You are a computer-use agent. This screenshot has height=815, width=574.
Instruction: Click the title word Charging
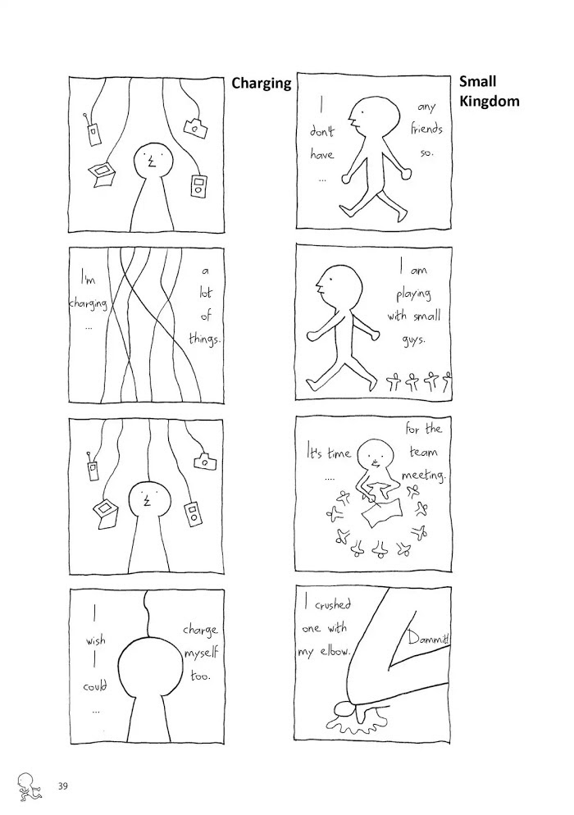(261, 83)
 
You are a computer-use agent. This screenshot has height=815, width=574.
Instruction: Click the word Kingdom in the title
(489, 102)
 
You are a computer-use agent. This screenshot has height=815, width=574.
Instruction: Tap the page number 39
(63, 785)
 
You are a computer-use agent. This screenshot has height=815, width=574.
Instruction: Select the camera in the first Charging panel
(195, 127)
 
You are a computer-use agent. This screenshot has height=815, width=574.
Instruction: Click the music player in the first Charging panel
(198, 187)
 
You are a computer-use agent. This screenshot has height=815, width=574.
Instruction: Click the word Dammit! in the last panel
(428, 638)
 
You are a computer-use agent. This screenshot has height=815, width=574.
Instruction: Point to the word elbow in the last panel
(335, 650)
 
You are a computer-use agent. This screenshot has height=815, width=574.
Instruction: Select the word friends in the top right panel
(426, 129)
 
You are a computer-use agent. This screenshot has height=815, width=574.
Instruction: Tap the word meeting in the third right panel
(424, 476)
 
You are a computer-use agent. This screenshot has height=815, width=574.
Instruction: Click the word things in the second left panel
(205, 339)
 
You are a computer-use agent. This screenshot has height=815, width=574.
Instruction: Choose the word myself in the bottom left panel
(201, 653)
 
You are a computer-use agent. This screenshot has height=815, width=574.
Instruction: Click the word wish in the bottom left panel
(96, 641)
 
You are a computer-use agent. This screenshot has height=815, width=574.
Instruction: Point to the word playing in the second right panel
(414, 294)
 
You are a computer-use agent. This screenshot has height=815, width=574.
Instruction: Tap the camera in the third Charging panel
(204, 461)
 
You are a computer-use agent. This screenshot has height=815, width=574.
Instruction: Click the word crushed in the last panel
(333, 605)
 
